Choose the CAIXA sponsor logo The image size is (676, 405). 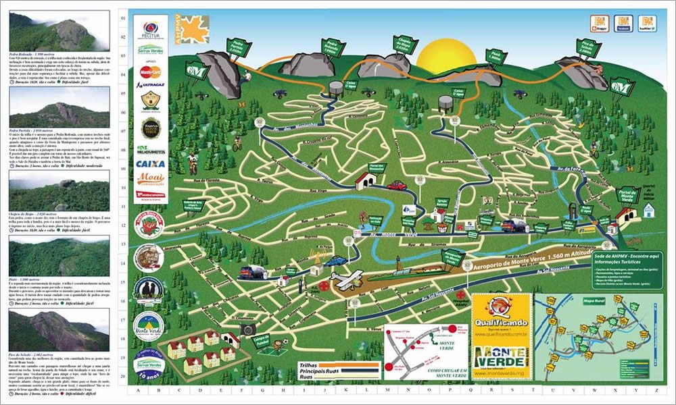point(149,164)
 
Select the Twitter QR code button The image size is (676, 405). point(648,24)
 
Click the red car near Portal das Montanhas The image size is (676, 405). point(396,184)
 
